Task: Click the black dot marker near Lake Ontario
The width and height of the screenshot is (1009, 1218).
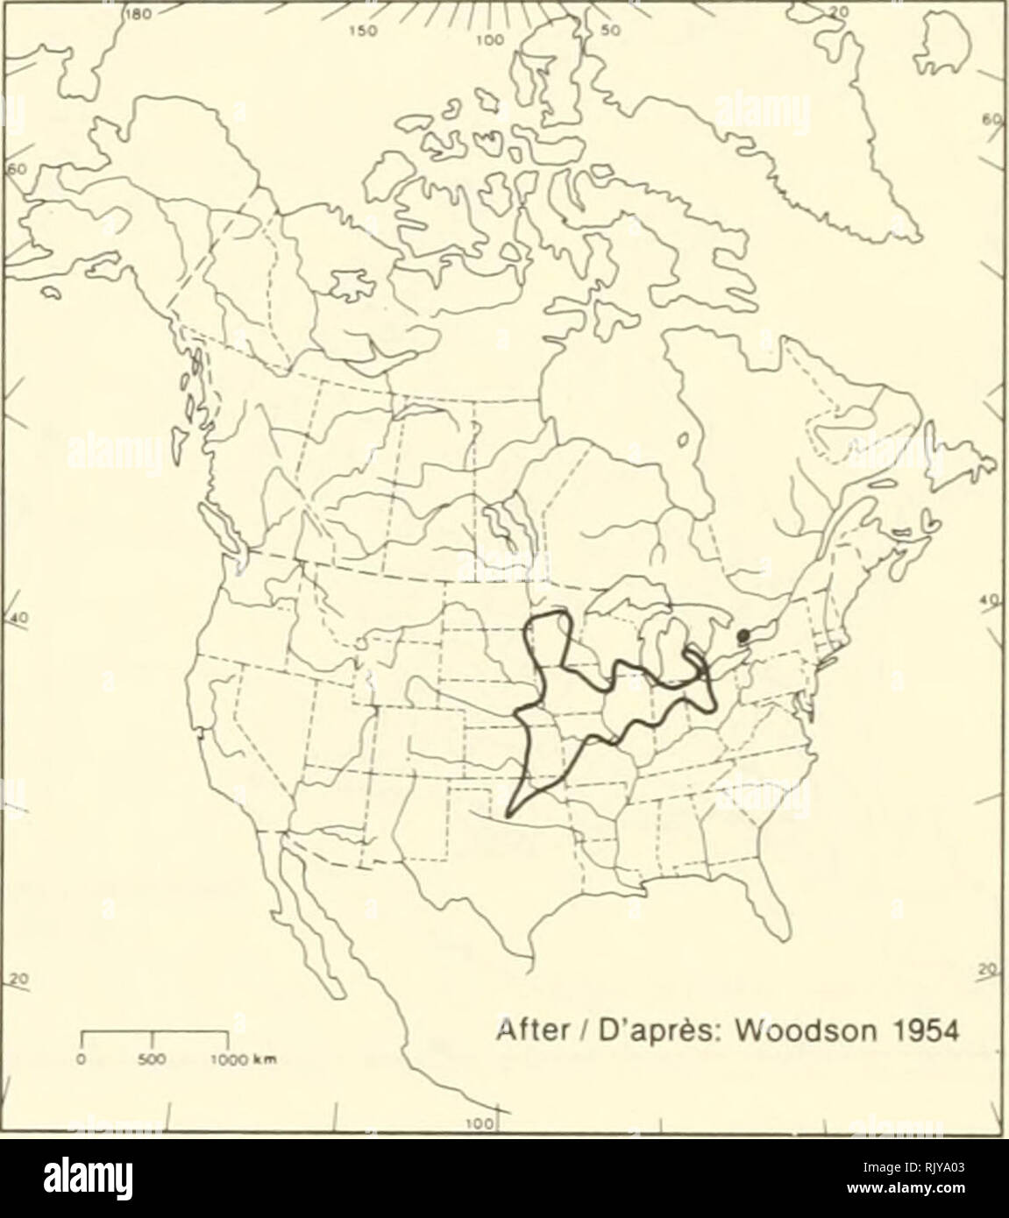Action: pos(743,634)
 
